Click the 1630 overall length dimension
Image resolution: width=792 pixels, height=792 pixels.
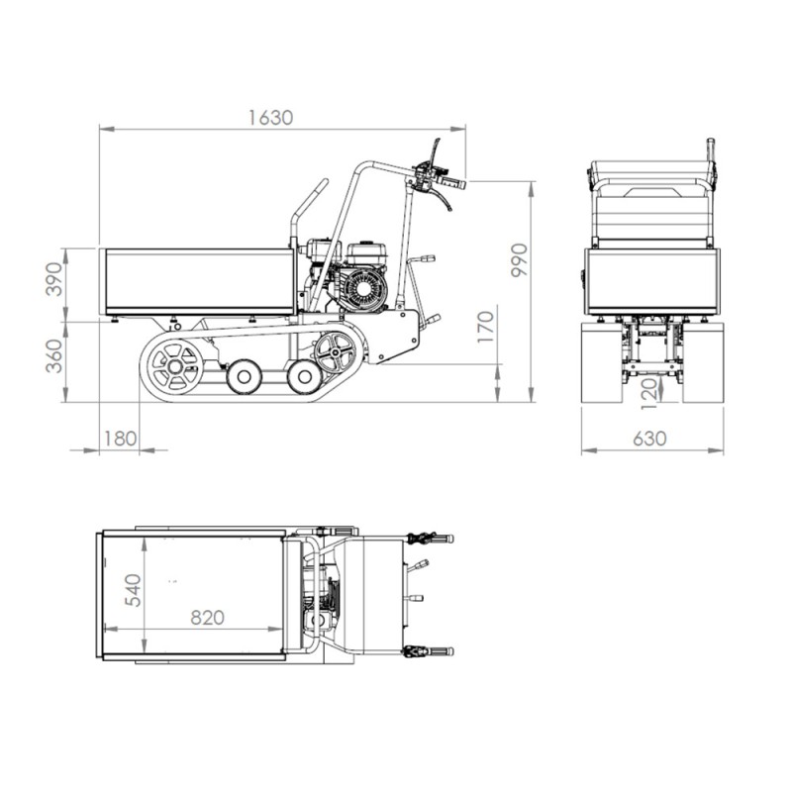tap(270, 118)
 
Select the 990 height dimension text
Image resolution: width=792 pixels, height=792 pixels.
tap(519, 260)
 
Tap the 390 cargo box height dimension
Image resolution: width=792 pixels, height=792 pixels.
tap(54, 279)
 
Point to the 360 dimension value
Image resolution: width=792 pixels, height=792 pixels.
tap(54, 356)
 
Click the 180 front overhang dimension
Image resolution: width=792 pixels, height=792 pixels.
tap(120, 439)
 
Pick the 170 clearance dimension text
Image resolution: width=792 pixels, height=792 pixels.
tap(485, 327)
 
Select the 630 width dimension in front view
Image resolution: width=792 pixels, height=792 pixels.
tap(649, 439)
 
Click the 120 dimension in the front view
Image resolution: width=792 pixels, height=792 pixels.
tap(649, 393)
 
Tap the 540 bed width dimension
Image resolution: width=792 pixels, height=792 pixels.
tap(134, 590)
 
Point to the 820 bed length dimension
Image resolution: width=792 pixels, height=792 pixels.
tap(207, 617)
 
